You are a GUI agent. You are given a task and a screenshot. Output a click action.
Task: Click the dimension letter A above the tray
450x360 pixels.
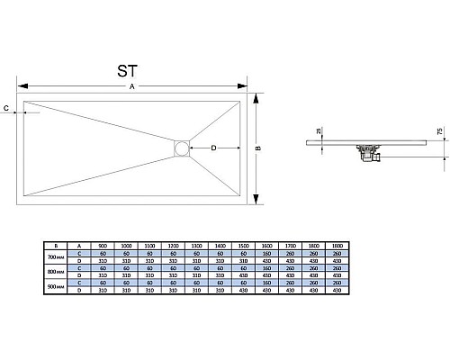[132, 87]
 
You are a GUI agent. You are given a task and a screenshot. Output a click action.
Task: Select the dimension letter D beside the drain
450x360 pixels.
[213, 148]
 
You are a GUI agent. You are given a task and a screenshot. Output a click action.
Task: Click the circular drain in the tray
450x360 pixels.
[183, 148]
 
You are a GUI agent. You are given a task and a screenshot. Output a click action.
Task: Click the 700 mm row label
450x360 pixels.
[56, 256]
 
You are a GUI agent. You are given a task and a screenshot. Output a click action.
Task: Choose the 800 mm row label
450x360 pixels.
[56, 271]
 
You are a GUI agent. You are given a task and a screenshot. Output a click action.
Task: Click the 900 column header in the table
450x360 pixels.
[103, 246]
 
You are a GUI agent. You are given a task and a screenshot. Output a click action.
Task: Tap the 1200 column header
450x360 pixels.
[173, 246]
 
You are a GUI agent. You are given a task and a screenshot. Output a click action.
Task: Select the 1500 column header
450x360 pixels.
[243, 246]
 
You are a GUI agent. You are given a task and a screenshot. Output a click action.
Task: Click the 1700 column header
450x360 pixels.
[289, 246]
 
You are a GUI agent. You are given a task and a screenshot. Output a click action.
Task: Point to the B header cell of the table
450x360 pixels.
[56, 246]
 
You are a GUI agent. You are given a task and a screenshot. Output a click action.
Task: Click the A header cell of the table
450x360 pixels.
[79, 246]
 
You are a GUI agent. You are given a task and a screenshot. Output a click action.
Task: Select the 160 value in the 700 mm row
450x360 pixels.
[266, 253]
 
